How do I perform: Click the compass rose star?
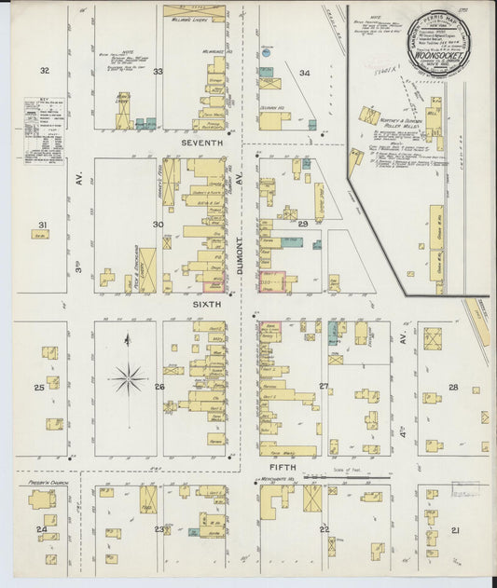(128, 378)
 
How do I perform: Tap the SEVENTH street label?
(203, 143)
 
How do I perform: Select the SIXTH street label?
(200, 305)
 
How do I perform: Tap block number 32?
(44, 71)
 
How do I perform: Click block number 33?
(159, 72)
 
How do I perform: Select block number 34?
(304, 72)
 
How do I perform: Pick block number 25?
(39, 388)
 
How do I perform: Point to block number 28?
(453, 387)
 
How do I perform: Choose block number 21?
(455, 530)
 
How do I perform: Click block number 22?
(324, 529)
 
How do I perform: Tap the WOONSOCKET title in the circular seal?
(438, 54)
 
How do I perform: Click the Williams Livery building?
(194, 14)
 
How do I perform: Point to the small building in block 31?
(40, 236)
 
